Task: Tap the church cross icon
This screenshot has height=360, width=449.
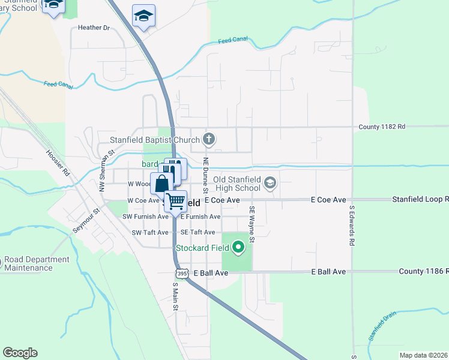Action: pyautogui.click(x=209, y=140)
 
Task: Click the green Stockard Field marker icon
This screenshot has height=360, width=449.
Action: pyautogui.click(x=239, y=247)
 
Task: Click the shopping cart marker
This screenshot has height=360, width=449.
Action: pyautogui.click(x=176, y=201)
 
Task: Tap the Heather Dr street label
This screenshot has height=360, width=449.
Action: pyautogui.click(x=94, y=28)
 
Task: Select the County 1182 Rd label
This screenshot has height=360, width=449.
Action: pyautogui.click(x=382, y=127)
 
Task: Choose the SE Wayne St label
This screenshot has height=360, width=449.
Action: pyautogui.click(x=252, y=225)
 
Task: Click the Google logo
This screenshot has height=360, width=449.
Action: pyautogui.click(x=20, y=353)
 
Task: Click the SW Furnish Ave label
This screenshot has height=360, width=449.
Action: pyautogui.click(x=146, y=217)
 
